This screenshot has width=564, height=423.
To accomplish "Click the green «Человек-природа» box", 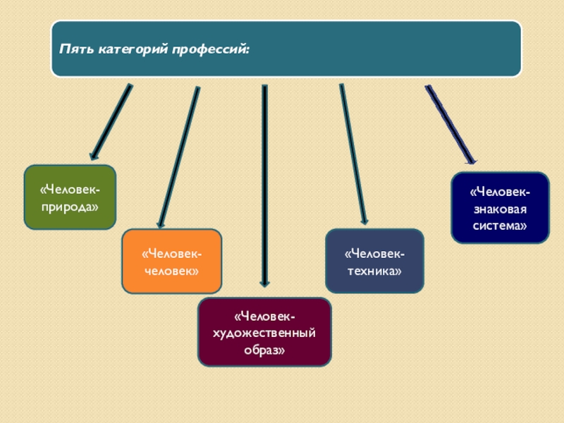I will click(x=70, y=197).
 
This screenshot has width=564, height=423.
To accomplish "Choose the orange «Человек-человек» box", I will click(x=172, y=261).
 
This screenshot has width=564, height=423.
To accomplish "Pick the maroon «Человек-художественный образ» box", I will click(x=264, y=332).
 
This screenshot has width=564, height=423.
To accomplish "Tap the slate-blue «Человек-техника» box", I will click(x=374, y=261).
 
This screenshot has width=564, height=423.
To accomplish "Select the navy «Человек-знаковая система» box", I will click(x=500, y=208).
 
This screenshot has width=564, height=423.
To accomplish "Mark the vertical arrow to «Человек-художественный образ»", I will click(x=264, y=183).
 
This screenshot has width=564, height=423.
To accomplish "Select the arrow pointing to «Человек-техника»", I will click(x=353, y=155).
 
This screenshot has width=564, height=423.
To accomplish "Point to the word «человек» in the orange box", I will click(x=172, y=271).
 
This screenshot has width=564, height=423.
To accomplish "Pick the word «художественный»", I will click(x=264, y=332).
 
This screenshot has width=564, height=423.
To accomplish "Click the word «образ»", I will click(x=264, y=349).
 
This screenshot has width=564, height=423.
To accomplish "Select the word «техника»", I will click(x=374, y=271).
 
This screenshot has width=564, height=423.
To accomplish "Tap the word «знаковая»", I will click(x=500, y=209).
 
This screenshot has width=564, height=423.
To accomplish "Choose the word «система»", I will click(x=500, y=226).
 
